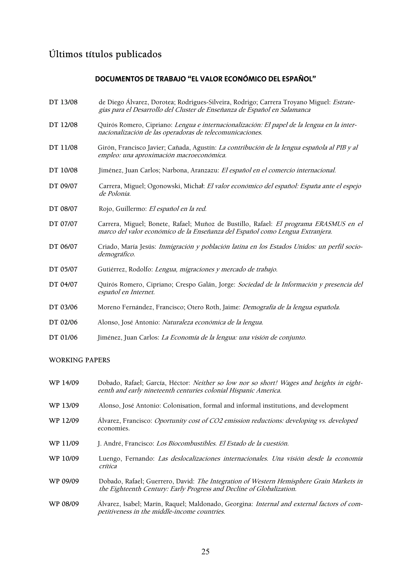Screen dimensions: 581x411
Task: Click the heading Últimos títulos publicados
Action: [105, 54]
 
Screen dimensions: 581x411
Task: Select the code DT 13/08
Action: [63, 102]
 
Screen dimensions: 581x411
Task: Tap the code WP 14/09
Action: [64, 383]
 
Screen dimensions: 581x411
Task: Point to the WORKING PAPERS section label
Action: [79, 360]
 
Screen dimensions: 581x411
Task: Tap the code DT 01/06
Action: [63, 337]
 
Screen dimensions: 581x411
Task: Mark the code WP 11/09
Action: [64, 443]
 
